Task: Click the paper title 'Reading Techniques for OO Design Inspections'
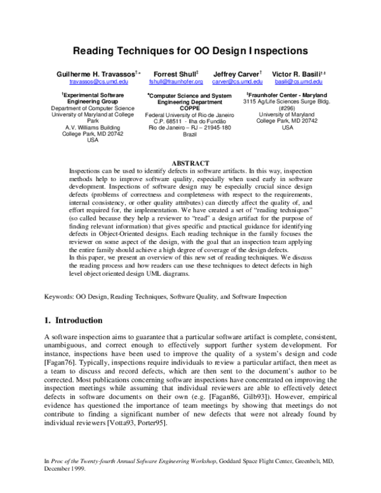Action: [x=190, y=50]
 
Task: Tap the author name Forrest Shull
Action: [x=175, y=74]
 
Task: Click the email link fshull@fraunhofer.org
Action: [x=176, y=82]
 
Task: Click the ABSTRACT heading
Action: [x=190, y=164]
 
